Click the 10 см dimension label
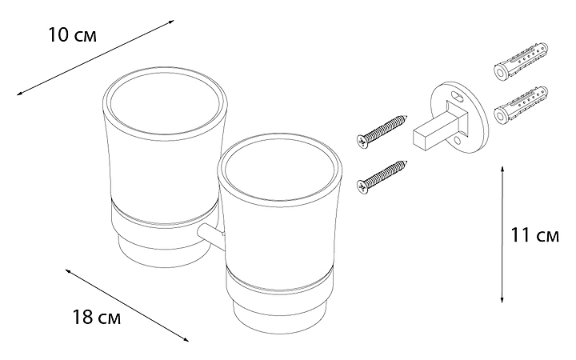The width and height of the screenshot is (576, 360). coord(72,35)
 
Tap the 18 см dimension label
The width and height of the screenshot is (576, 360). coord(97,317)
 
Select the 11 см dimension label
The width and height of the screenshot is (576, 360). coord(535,235)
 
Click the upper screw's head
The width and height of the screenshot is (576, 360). coord(362,141)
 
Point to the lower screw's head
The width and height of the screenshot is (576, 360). coord(362,186)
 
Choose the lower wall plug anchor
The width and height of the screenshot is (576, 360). coord(521,106)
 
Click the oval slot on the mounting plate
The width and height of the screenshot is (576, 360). coord(457,98)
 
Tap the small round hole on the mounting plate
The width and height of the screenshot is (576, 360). coord(457,140)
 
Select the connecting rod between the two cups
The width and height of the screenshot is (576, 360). coord(210,236)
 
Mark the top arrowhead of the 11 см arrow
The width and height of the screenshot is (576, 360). coord(502,169)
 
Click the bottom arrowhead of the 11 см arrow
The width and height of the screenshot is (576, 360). coord(502,300)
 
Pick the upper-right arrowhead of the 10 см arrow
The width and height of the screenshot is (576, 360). coord(171,22)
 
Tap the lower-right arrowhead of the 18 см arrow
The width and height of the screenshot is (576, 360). coord(186,339)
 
